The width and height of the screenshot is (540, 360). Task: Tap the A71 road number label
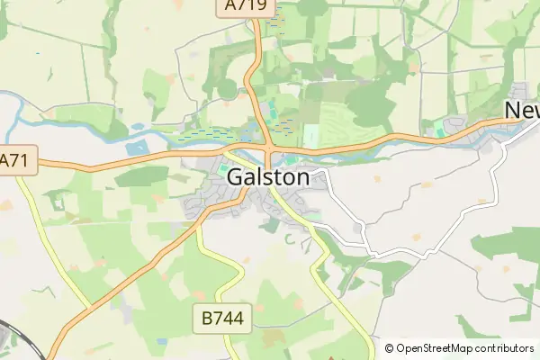[12, 161]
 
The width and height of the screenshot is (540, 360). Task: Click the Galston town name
[268, 177]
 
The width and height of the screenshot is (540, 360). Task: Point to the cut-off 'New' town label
[522, 109]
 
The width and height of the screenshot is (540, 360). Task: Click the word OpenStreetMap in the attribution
[441, 348]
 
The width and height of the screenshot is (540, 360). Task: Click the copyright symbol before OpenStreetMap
[390, 348]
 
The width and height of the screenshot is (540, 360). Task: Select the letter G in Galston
[235, 177]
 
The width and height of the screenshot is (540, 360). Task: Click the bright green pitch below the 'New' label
[440, 130]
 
